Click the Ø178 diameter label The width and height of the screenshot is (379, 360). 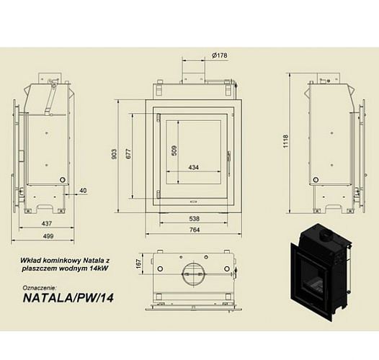click(219, 56)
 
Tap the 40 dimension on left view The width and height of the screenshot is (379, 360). click(84, 190)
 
